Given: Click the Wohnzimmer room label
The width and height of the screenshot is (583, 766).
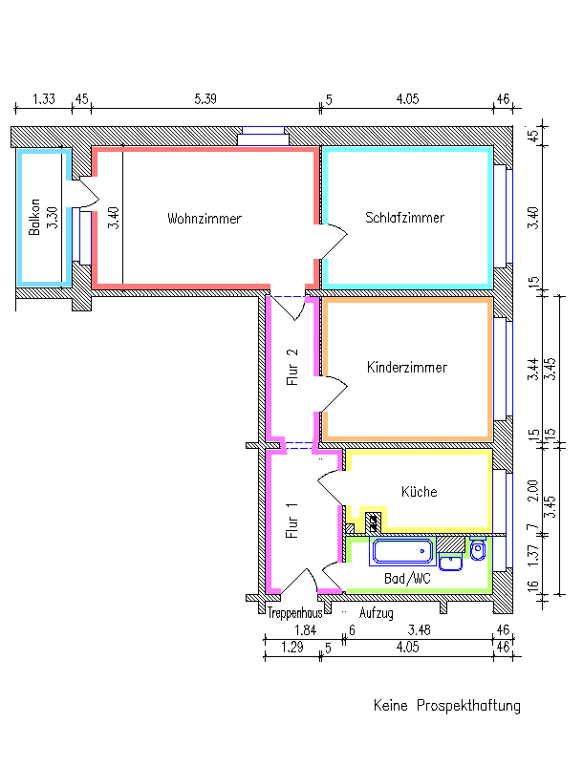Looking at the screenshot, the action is tap(205, 219).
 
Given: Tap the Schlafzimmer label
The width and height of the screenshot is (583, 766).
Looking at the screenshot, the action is tap(404, 218).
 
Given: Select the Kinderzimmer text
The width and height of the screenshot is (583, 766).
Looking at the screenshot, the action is tap(406, 367).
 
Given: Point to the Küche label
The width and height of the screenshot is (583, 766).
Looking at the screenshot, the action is tap(419, 491).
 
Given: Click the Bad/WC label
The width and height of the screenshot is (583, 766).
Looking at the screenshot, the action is tap(407, 579).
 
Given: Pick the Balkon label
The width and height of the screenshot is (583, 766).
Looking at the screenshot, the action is tap(34, 217).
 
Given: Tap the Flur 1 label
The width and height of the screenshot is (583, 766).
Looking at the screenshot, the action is tap(291, 521).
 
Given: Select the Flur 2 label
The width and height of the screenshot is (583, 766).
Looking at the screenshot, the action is tap(291, 368).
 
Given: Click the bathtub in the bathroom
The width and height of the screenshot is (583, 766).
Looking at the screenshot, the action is tap(402, 551).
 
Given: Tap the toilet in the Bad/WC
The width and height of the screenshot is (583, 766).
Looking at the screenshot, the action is tap(478, 549).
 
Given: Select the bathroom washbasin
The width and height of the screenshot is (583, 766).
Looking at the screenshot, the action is tap(450, 562).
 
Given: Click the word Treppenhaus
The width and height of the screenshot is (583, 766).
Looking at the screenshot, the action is tap(294, 612).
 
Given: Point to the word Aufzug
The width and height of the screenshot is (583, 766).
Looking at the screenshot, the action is tap(376, 612).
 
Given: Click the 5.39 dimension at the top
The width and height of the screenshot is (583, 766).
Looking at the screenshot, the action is tap(205, 98).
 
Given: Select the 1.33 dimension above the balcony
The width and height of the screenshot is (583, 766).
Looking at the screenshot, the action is tap(44, 98).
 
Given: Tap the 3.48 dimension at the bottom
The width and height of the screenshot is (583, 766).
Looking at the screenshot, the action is tap(420, 629).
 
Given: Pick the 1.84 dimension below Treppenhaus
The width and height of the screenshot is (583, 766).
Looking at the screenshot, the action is tap(306, 629).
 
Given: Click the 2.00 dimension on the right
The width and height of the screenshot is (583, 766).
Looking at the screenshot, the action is tap(533, 491).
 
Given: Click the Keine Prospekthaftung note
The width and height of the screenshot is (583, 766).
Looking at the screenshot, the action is tap(446, 706).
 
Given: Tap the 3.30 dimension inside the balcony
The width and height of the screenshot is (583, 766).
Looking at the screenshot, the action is tap(53, 218).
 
